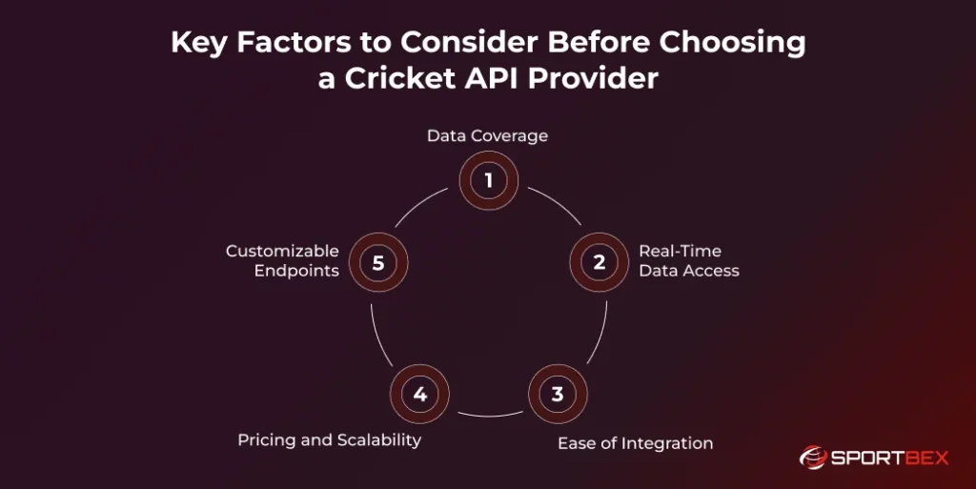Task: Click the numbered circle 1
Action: point(488,180)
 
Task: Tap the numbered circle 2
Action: point(599,262)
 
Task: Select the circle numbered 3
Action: point(557,393)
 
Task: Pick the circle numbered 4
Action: point(419,393)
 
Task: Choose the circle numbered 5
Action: point(378,262)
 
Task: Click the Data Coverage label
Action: point(487,135)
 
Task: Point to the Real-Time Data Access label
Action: point(688,260)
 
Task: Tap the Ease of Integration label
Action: point(635,442)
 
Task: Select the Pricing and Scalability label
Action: point(329,439)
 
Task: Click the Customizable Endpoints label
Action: point(282,260)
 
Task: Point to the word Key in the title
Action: point(196,43)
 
